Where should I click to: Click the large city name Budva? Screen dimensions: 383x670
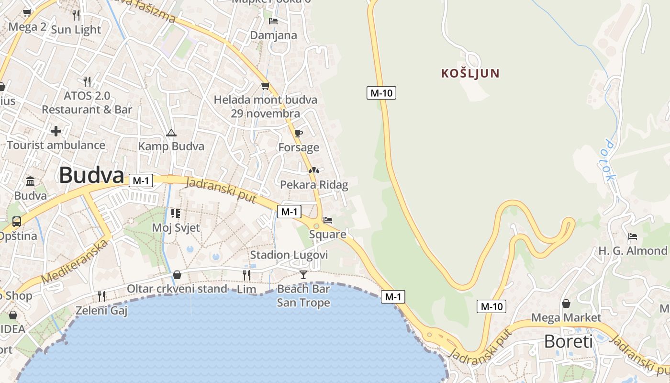(x=91, y=175)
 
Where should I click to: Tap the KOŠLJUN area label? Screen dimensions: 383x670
(x=470, y=73)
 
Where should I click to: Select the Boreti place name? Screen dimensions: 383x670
(x=568, y=341)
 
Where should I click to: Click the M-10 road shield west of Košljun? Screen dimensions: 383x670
(x=381, y=93)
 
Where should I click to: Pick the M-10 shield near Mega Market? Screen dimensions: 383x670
(x=491, y=306)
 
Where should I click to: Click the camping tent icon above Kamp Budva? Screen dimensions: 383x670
(x=171, y=133)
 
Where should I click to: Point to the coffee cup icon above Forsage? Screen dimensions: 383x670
(x=299, y=133)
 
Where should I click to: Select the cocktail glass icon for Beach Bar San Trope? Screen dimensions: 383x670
(x=303, y=274)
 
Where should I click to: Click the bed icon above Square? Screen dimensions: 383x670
(x=328, y=220)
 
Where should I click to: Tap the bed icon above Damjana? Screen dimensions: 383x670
(x=273, y=21)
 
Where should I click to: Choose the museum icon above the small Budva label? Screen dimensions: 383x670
(x=31, y=181)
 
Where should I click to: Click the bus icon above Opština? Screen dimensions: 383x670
(x=17, y=222)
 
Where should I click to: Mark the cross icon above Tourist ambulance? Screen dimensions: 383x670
(x=56, y=131)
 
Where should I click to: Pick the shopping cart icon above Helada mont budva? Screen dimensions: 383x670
(x=265, y=86)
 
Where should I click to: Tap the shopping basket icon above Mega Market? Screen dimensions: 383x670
(x=566, y=304)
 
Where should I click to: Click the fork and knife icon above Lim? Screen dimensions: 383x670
(x=246, y=275)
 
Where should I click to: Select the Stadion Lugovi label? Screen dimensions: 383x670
(x=289, y=255)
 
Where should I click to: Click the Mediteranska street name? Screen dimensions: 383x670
(x=75, y=261)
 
